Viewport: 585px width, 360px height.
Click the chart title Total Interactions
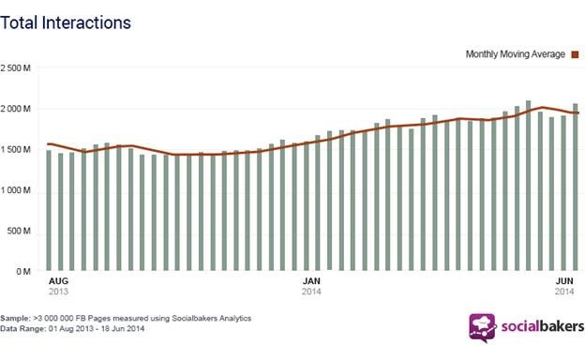(x=66, y=22)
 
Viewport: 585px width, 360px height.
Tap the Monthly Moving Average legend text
(x=516, y=54)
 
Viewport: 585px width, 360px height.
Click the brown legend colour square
(x=575, y=54)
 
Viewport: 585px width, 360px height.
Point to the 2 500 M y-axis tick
(x=15, y=68)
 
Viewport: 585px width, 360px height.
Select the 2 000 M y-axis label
(x=15, y=109)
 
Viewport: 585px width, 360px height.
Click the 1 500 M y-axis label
(x=15, y=150)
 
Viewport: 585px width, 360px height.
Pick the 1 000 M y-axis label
(x=15, y=190)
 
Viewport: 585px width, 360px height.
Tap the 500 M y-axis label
(x=19, y=231)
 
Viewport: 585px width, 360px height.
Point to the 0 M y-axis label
(x=23, y=272)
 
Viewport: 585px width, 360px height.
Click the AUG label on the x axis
(x=58, y=281)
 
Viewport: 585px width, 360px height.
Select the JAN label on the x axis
(x=311, y=281)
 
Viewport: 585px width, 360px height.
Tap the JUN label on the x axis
(x=565, y=281)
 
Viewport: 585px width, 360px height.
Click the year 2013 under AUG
(x=58, y=292)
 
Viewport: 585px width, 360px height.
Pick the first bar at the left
(x=49, y=210)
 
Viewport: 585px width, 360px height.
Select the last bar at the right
(x=575, y=187)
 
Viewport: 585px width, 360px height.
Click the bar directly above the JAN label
(x=306, y=206)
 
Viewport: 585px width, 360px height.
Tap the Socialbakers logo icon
(x=483, y=328)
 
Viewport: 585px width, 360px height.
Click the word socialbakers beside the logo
(x=543, y=327)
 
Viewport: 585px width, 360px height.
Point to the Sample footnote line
(x=126, y=318)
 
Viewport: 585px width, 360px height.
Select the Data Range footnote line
(x=72, y=329)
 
